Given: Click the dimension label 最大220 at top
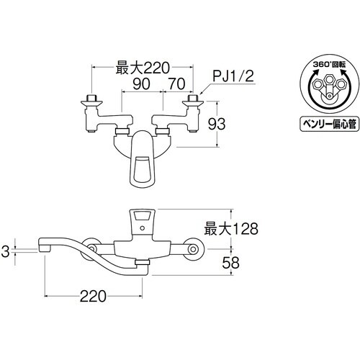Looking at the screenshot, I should point(142,70).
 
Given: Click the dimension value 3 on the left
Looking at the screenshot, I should point(5,251).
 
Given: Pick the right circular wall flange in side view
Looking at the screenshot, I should point(192,249).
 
